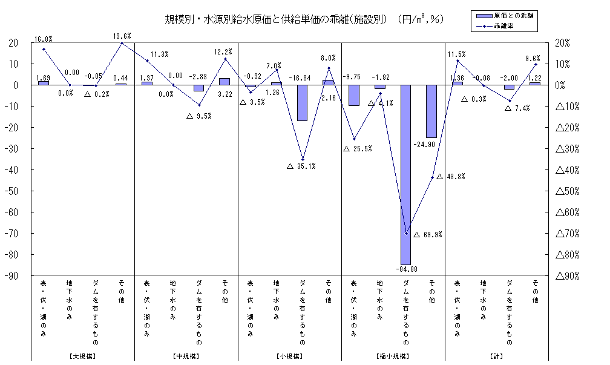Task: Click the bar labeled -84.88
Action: coord(406,174)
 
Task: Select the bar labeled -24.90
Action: coord(431,111)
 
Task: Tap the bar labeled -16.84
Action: coord(302,103)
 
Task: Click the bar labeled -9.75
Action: coord(354,95)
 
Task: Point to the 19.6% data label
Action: coord(122,36)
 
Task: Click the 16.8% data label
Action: coord(43,39)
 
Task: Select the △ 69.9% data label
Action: coord(428,234)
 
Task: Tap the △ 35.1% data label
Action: coord(301,166)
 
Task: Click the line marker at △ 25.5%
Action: coord(354,139)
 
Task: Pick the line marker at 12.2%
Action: coord(225,59)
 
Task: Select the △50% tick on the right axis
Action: coord(568,191)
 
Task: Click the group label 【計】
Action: coord(497,357)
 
